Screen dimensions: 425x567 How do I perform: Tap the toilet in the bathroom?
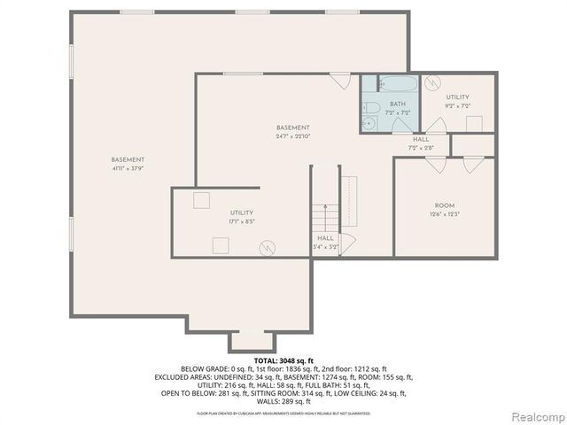tap(373, 108)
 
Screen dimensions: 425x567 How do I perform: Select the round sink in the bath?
tap(366, 124)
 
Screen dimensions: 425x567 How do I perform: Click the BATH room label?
tap(397, 104)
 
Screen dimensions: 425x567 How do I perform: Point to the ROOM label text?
tap(444, 205)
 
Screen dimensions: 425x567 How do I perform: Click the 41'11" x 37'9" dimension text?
tap(128, 168)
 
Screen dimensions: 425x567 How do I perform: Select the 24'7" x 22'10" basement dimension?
tap(292, 136)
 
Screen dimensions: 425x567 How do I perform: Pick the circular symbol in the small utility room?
tap(432, 83)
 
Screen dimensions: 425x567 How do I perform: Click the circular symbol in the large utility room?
tap(267, 247)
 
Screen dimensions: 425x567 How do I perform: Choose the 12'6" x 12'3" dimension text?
tap(444, 213)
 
